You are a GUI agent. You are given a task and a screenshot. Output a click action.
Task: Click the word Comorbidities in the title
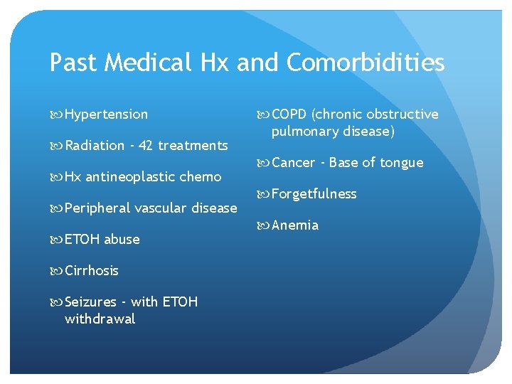(x=366, y=63)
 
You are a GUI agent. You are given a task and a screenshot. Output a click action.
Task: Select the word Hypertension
(x=106, y=114)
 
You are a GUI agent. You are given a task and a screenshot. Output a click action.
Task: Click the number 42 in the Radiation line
(x=146, y=146)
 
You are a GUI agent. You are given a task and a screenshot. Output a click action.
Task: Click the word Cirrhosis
(x=91, y=271)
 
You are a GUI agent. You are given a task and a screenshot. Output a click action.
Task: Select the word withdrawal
(x=100, y=319)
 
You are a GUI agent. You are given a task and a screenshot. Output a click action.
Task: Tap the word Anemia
(x=295, y=225)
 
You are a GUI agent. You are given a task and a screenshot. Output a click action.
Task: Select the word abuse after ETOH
(x=122, y=240)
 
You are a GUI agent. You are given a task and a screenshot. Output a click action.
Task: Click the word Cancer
(x=293, y=163)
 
